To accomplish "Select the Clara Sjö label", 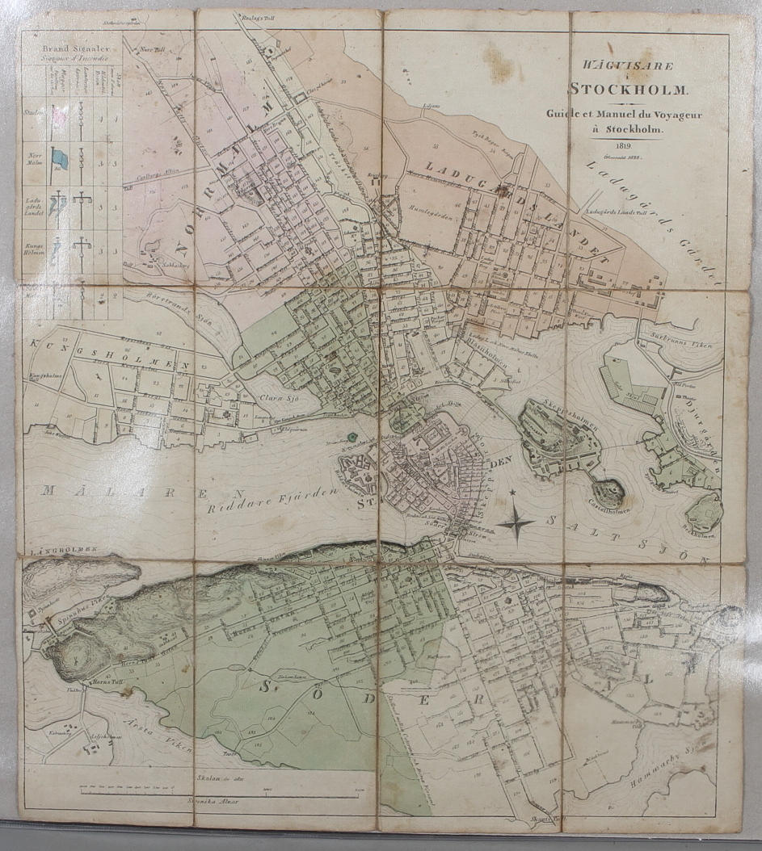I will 283,398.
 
